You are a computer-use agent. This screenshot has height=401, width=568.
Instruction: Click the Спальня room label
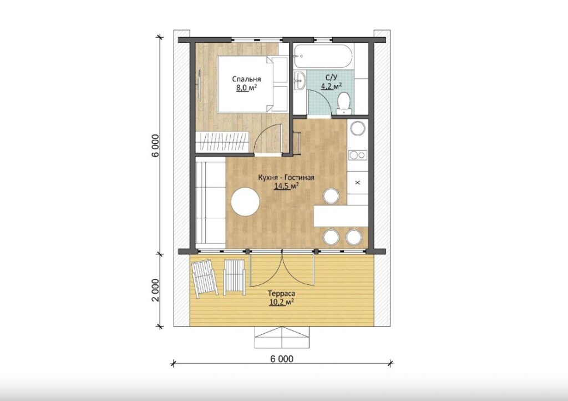246,79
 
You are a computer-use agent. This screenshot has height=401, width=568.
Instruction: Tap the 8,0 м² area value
247,88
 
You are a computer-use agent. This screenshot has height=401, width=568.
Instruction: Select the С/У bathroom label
331,77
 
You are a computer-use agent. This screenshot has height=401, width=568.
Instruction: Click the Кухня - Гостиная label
286,178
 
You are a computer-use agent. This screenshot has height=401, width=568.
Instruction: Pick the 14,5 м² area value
286,187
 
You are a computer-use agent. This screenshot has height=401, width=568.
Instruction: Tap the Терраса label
281,293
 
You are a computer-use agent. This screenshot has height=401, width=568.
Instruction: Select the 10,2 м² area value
281,302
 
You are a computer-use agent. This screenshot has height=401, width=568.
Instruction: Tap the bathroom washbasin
300,80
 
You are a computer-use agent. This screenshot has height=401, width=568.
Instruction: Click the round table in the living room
246,201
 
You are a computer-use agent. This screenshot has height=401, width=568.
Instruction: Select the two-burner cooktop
358,155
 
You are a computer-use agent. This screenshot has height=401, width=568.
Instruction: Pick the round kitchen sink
358,129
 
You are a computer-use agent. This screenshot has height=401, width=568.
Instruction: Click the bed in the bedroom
252,84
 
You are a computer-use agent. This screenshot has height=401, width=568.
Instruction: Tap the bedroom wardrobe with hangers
222,142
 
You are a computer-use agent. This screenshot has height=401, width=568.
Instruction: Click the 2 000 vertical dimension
155,290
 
